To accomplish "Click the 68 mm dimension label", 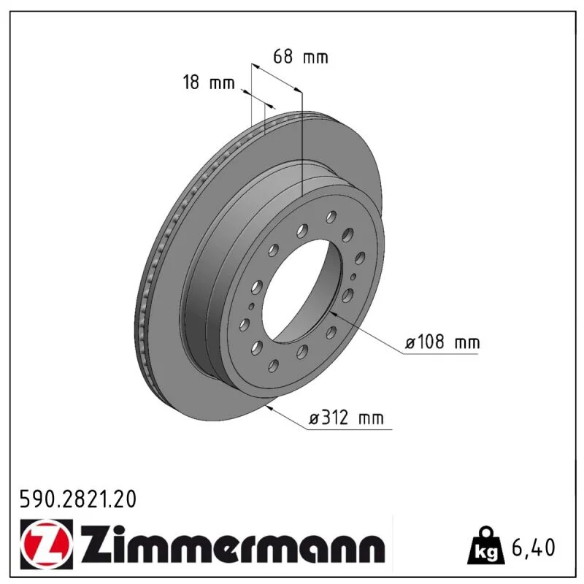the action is tap(301, 57).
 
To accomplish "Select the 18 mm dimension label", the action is tap(209, 82).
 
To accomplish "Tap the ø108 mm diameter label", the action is tap(442, 342).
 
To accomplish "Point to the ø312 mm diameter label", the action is tap(346, 418).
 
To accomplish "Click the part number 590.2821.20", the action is tap(78, 499).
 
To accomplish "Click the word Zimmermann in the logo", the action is tap(231, 544).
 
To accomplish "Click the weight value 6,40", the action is tap(534, 547).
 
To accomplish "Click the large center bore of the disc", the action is tap(301, 291).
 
